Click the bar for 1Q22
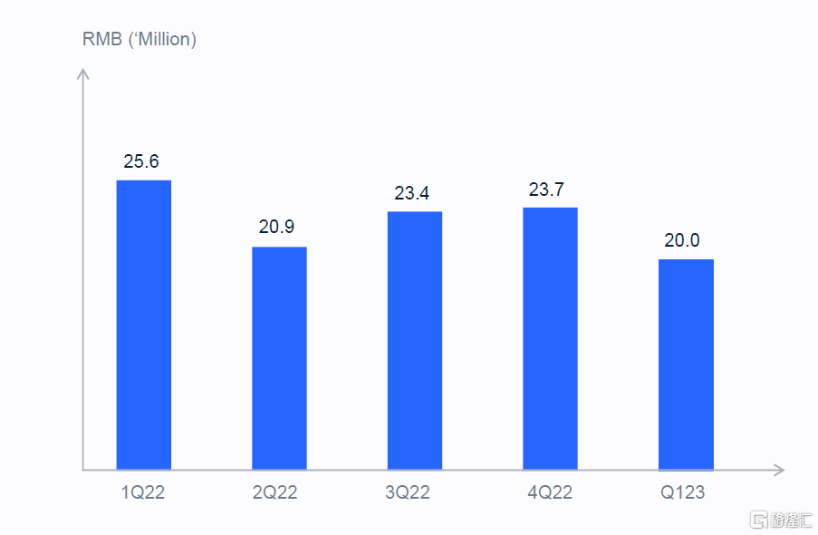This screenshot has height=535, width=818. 143,325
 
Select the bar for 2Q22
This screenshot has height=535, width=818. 279,358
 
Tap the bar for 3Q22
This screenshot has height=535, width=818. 415,340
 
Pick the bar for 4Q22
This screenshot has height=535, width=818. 550,338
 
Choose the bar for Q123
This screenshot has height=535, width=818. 686,365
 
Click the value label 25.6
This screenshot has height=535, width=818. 141,161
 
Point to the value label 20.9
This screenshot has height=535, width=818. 276,227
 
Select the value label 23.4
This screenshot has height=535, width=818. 412,193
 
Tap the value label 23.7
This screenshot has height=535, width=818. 547,190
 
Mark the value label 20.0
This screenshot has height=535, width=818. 682,240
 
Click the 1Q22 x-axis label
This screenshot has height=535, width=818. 143,493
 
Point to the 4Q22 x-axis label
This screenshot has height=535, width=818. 550,493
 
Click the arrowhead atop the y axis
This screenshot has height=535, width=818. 83,75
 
